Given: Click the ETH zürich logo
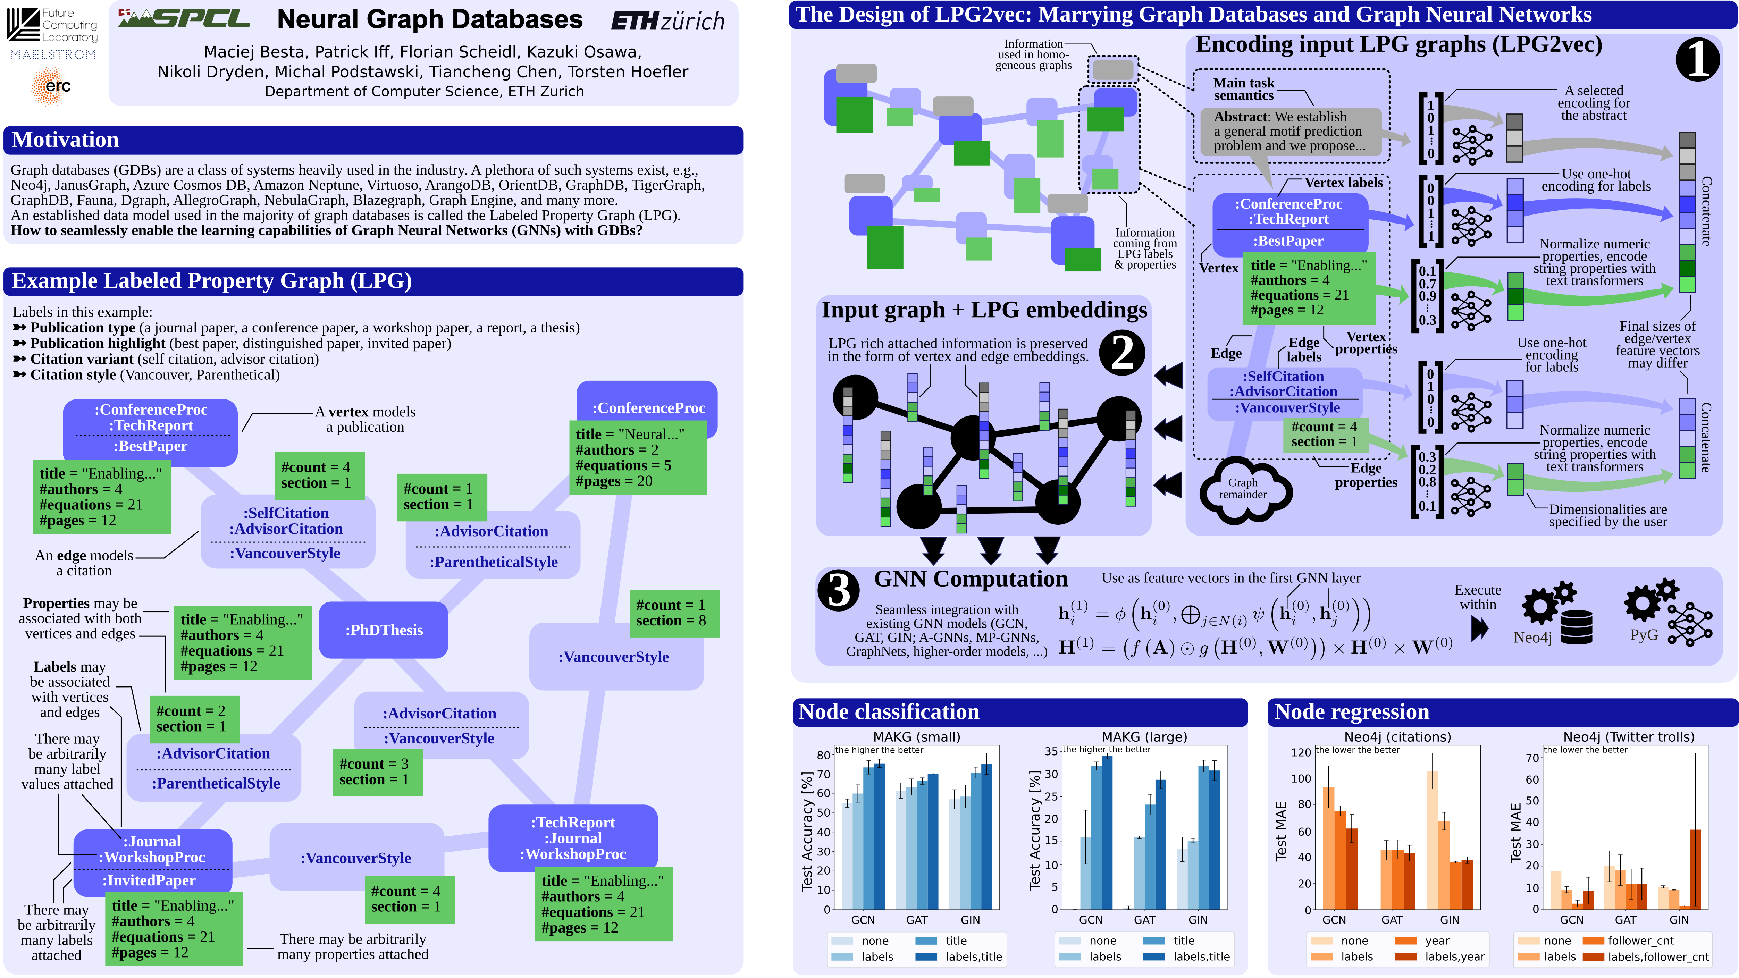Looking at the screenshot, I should (x=667, y=21).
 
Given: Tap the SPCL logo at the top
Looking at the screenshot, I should (x=184, y=18).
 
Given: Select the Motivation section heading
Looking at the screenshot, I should (x=66, y=140).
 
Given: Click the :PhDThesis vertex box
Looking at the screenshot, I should (x=384, y=630).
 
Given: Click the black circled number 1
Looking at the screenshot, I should (x=1697, y=59).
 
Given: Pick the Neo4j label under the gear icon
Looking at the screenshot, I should (x=1532, y=637).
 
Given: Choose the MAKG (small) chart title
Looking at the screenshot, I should (x=916, y=736).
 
